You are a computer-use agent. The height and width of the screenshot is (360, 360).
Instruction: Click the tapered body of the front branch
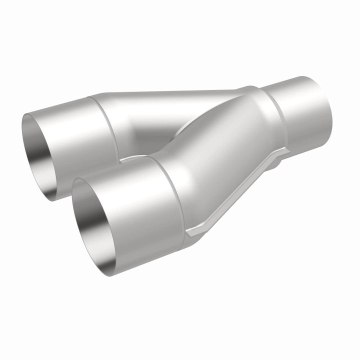220,150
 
